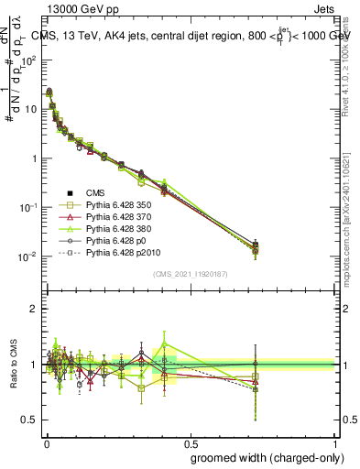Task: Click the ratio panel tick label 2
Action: point(38,309)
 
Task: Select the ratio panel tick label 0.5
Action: point(33,420)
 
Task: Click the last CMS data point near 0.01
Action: point(255,245)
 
